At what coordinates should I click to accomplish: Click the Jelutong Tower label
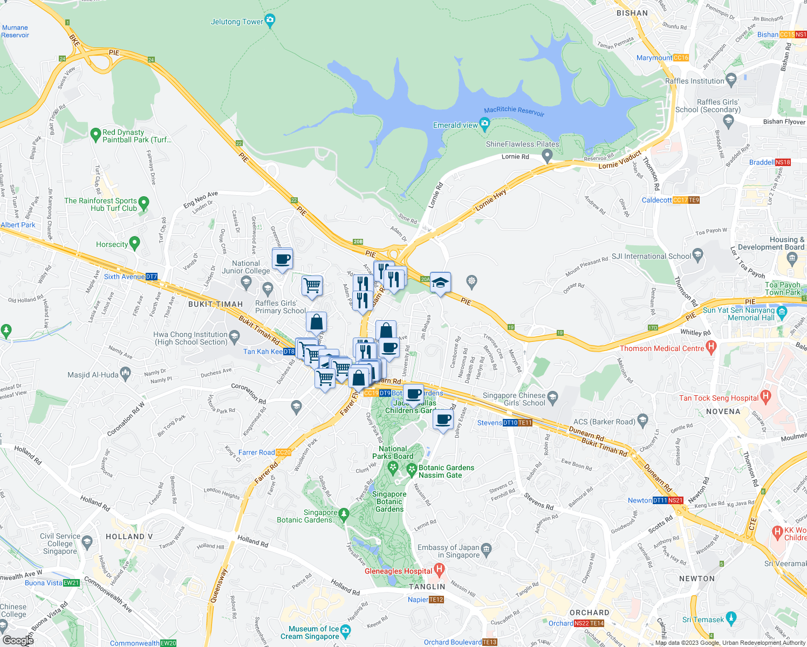(237, 22)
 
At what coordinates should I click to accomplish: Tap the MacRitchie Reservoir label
(514, 111)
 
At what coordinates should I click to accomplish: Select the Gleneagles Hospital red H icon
(439, 569)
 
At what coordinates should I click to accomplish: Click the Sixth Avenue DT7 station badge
(152, 277)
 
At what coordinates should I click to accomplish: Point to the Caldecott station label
(656, 200)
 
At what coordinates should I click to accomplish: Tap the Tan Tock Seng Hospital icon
(765, 398)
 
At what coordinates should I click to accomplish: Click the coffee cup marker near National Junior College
(283, 260)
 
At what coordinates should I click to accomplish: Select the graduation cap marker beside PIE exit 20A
(440, 283)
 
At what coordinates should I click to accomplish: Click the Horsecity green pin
(135, 243)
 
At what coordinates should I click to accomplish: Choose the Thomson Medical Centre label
(662, 348)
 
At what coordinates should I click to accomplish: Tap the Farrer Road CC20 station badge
(283, 452)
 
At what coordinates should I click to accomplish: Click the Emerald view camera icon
(484, 125)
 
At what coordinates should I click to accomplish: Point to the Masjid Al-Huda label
(93, 375)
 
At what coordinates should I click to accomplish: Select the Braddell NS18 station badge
(783, 162)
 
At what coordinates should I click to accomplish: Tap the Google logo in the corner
(18, 640)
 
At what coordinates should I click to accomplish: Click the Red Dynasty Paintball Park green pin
(95, 133)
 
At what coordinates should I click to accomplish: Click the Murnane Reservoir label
(15, 31)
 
